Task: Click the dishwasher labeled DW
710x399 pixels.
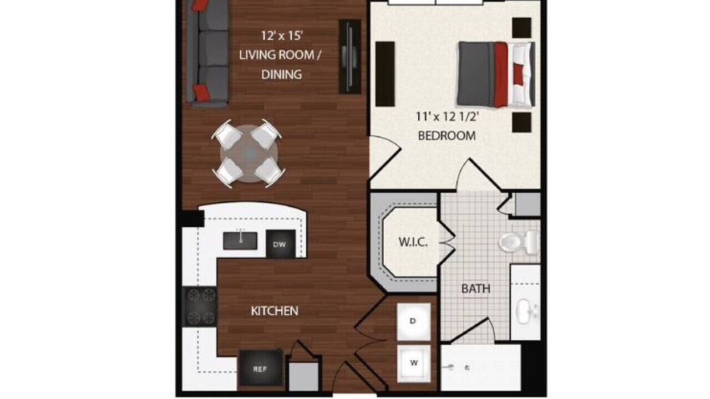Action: click(281, 243)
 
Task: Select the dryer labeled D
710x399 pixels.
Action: click(414, 321)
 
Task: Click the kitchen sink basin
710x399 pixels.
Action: click(240, 241)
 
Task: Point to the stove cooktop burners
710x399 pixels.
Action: click(200, 306)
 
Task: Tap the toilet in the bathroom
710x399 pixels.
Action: click(519, 242)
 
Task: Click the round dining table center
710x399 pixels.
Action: click(250, 154)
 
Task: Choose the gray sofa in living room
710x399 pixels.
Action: click(208, 53)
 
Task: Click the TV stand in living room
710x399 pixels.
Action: click(350, 57)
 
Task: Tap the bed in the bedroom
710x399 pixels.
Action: click(496, 74)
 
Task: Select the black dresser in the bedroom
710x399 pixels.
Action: click(385, 74)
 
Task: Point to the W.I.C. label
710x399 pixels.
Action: click(413, 243)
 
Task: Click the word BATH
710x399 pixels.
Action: click(476, 289)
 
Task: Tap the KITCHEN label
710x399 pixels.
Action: click(275, 311)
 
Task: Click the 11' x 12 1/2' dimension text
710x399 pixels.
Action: click(447, 117)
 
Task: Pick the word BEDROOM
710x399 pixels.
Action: click(447, 136)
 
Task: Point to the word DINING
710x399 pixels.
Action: click(281, 74)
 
